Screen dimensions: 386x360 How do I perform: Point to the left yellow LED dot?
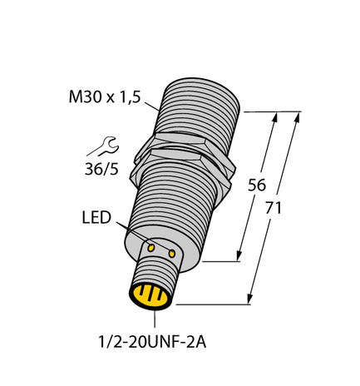pyautogui.click(x=151, y=247)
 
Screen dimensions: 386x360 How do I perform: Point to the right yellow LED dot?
pyautogui.click(x=172, y=251)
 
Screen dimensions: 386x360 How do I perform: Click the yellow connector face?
pyautogui.click(x=151, y=295)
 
